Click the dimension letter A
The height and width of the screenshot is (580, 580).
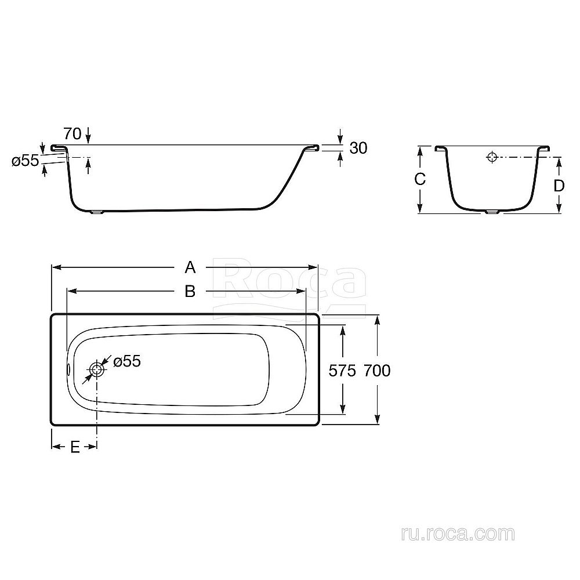[x=190, y=267]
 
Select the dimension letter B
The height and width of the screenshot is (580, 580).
[x=190, y=292]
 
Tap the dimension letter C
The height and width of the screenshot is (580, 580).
[x=420, y=179]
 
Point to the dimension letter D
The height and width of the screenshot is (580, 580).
[x=559, y=186]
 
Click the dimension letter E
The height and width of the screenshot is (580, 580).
[x=75, y=447]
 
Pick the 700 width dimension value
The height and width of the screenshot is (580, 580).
[x=377, y=370]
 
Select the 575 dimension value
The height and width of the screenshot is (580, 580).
[x=343, y=370]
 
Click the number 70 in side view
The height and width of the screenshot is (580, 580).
[x=72, y=133]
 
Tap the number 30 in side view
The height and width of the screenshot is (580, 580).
[x=358, y=148]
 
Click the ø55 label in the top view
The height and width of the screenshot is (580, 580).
[x=127, y=361]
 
